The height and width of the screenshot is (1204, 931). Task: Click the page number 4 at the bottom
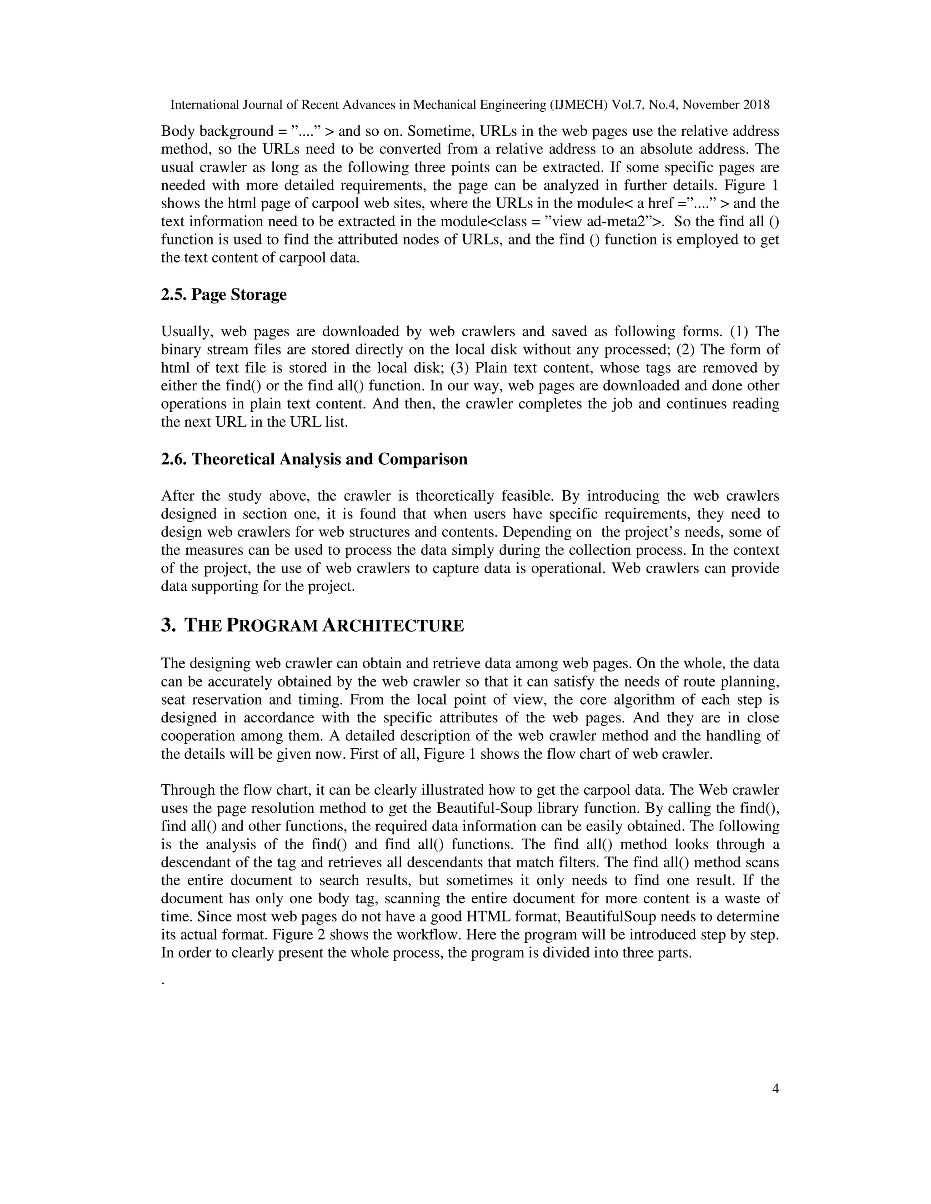tap(775, 1089)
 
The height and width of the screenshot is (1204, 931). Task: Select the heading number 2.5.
tap(174, 295)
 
